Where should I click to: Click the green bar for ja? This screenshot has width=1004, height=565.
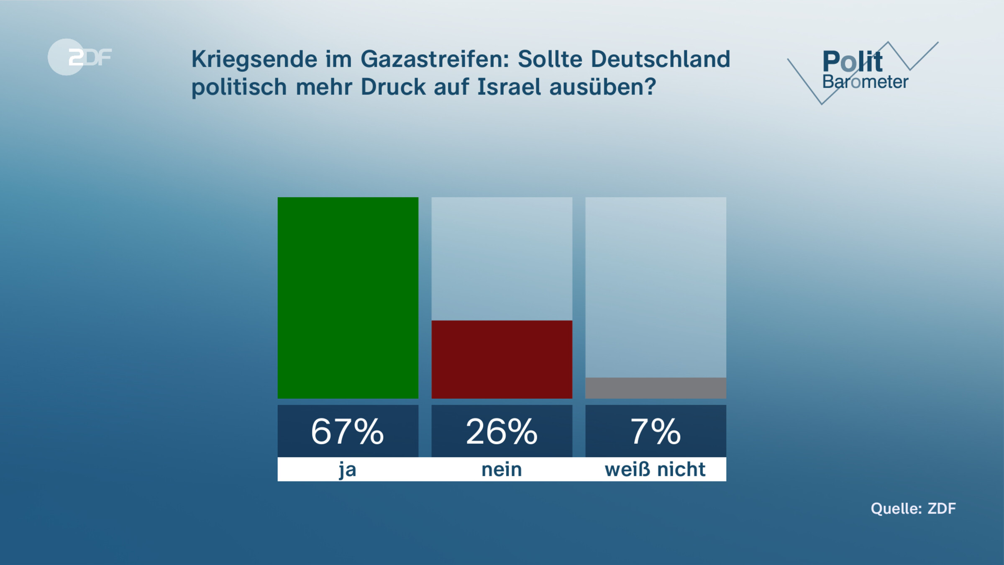(x=348, y=298)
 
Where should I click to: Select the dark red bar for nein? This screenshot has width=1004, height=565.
(x=502, y=359)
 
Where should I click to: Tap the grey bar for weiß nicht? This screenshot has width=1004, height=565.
(x=656, y=388)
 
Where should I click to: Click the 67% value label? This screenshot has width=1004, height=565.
(x=348, y=431)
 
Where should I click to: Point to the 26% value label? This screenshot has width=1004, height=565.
(x=502, y=431)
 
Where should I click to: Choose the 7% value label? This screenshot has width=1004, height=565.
(x=656, y=431)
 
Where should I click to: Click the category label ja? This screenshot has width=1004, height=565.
(x=348, y=470)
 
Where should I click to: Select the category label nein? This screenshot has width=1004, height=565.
(x=502, y=470)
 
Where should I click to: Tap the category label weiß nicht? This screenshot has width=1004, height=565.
(x=655, y=470)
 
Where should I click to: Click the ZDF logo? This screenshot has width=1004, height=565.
(x=79, y=57)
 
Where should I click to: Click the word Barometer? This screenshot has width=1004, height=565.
(x=865, y=82)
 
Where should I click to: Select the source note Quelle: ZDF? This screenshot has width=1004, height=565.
(x=913, y=508)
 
